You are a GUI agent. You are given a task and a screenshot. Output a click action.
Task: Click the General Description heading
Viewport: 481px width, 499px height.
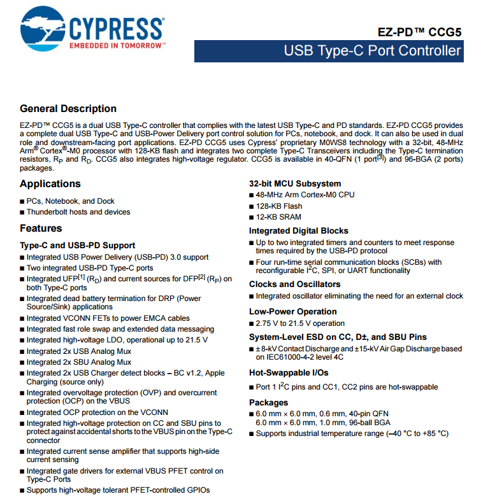pyautogui.click(x=68, y=109)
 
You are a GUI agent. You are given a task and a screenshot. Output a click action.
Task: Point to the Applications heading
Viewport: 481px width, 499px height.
pyautogui.click(x=50, y=184)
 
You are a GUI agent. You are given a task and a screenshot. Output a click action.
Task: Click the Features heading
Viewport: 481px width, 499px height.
pyautogui.click(x=41, y=228)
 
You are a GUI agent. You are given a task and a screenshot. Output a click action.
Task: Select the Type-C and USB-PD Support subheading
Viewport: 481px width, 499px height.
pyautogui.click(x=78, y=246)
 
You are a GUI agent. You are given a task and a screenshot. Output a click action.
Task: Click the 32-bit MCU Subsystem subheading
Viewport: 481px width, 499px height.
pyautogui.click(x=295, y=184)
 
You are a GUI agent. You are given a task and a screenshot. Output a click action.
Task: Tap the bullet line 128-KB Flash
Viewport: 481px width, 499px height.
pyautogui.click(x=279, y=206)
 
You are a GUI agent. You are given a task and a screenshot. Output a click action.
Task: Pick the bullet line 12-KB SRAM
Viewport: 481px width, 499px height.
pyautogui.click(x=279, y=218)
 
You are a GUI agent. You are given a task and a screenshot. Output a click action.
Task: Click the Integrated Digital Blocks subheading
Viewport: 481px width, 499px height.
pyautogui.click(x=299, y=231)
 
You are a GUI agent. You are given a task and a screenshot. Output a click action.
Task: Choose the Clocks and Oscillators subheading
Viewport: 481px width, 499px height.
pyautogui.click(x=295, y=285)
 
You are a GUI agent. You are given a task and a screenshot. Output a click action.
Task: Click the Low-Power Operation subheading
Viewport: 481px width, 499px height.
pyautogui.click(x=293, y=312)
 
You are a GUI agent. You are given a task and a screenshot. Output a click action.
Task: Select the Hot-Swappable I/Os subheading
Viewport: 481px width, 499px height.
pyautogui.click(x=289, y=374)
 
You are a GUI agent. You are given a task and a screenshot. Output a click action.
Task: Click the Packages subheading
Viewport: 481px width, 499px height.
pyautogui.click(x=269, y=403)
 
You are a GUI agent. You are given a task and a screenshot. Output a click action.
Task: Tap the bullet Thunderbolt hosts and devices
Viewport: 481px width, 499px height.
pyautogui.click(x=78, y=212)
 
